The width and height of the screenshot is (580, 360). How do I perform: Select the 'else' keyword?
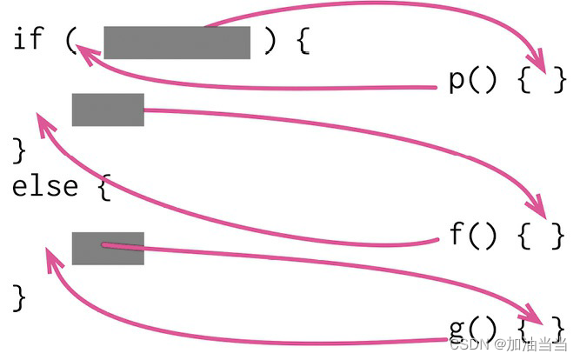point(43,186)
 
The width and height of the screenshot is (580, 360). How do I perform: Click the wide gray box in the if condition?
point(177,42)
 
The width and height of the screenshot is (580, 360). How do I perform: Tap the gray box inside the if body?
point(108,110)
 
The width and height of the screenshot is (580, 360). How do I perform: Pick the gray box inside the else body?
point(108,248)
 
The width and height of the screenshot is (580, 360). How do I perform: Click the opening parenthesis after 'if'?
point(71,40)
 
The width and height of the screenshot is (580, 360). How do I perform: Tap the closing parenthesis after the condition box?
point(270,40)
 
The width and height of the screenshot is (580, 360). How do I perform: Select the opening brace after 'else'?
point(103,187)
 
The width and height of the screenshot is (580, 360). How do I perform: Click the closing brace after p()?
point(559,80)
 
